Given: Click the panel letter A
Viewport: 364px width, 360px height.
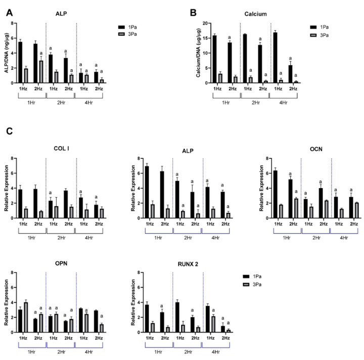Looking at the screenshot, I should coord(9,12).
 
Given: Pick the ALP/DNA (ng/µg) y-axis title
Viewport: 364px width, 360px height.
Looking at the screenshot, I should coord(7,53).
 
